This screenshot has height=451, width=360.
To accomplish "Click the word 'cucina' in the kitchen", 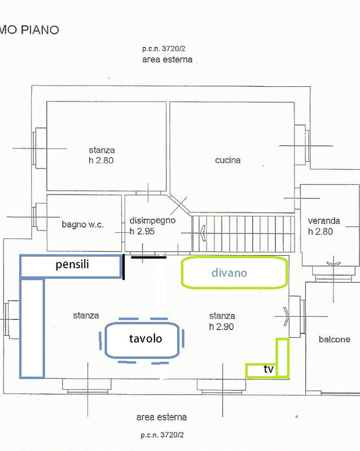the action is pyautogui.click(x=227, y=160).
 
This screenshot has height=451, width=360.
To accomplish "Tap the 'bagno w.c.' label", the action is pyautogui.click(x=82, y=224).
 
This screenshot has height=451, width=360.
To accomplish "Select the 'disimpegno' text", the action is pyautogui.click(x=152, y=220).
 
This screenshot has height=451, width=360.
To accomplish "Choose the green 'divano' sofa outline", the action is pyautogui.click(x=234, y=273).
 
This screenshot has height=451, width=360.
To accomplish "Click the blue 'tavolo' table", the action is pyautogui.click(x=144, y=339).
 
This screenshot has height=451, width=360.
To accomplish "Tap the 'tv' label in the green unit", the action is pyautogui.click(x=269, y=370).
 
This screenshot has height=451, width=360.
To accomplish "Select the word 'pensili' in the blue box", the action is pyautogui.click(x=72, y=264).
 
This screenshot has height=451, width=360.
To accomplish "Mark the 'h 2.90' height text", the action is pyautogui.click(x=222, y=326).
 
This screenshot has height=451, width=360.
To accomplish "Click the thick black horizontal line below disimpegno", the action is pyautogui.click(x=148, y=257).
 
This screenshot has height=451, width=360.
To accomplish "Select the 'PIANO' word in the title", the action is pyautogui.click(x=40, y=30).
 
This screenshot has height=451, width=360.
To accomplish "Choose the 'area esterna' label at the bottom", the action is pyautogui.click(x=161, y=418).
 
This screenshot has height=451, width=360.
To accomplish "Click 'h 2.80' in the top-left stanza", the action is pyautogui.click(x=102, y=161).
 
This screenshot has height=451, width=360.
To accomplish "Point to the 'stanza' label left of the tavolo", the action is pyautogui.click(x=86, y=316).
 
